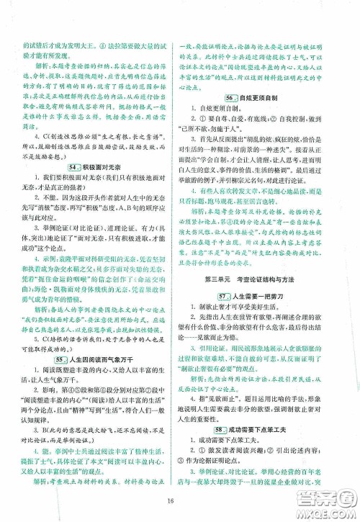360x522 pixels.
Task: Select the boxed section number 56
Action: pos(232,97)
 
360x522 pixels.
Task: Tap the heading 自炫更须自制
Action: pos(260,97)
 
